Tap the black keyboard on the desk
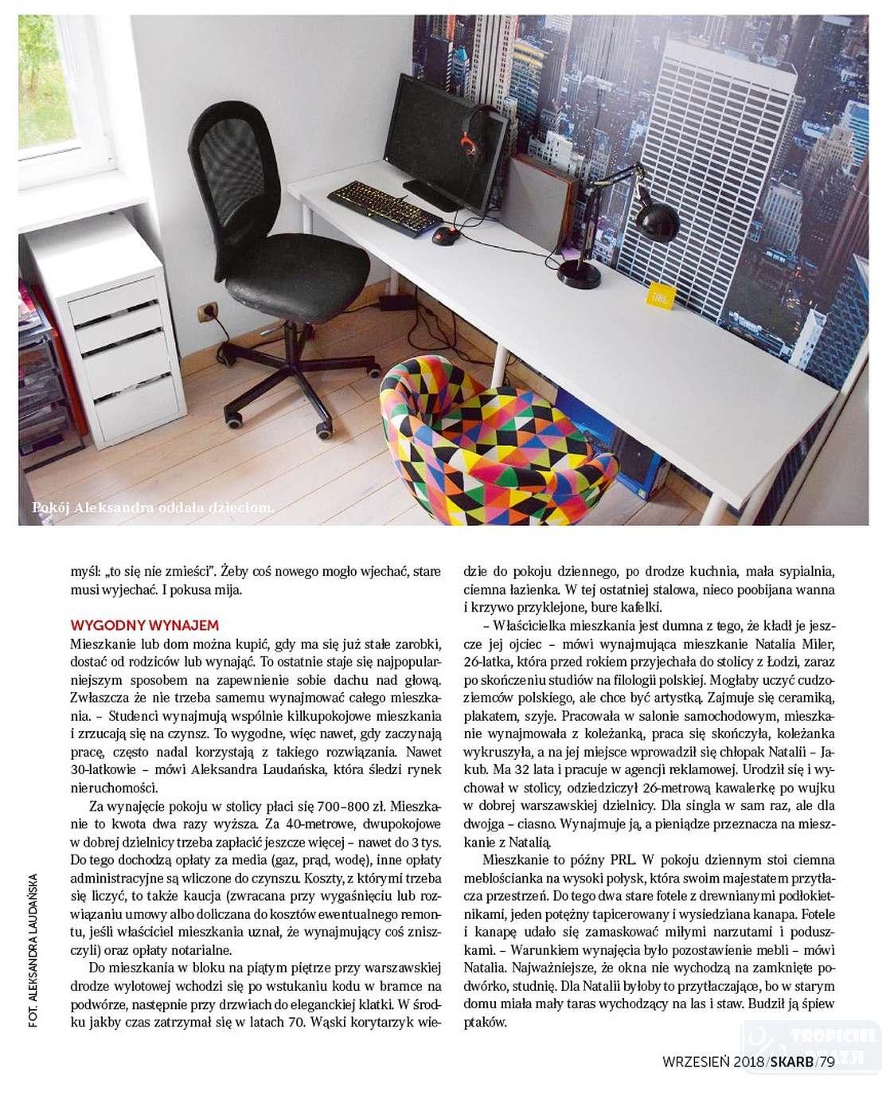point(384,205)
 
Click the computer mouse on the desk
point(443,236)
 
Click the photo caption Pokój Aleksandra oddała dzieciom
point(153,507)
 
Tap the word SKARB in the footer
point(792,1061)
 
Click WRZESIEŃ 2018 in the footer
point(712,1061)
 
